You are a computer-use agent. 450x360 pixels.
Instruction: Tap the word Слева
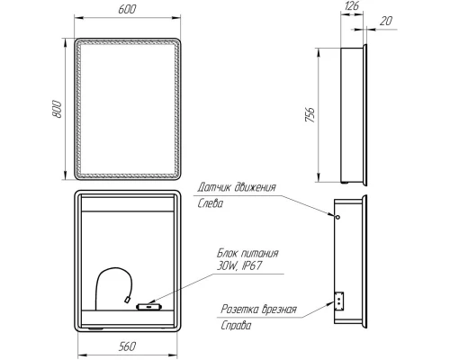(211, 203)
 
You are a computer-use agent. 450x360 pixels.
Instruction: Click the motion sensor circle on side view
(337, 217)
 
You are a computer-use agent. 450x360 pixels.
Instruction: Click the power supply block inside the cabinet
(145, 307)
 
